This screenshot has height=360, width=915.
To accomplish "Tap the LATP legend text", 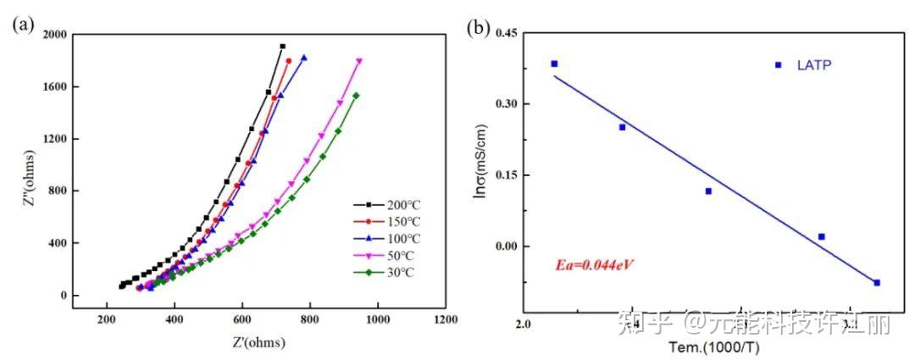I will click(x=814, y=64).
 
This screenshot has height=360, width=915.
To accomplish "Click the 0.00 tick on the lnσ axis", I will click(x=507, y=246).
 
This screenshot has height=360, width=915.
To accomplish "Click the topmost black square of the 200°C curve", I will click(x=282, y=47).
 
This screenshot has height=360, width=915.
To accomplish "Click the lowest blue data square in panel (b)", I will click(x=877, y=283).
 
